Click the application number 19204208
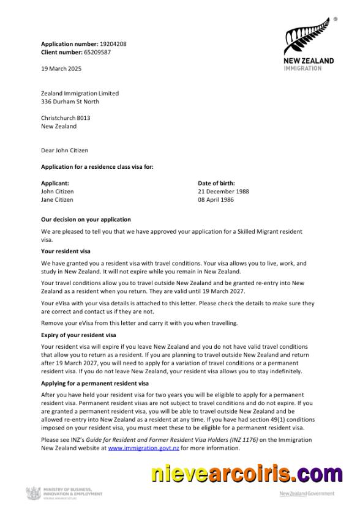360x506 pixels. [x=113, y=44]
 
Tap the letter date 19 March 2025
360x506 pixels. [x=61, y=69]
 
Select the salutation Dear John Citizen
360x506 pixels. [x=64, y=150]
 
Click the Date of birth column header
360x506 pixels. [x=216, y=183]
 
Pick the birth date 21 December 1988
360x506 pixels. [x=223, y=191]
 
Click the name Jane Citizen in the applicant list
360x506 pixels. [x=57, y=199]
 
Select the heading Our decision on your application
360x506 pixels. [x=86, y=219]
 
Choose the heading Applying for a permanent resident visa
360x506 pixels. [x=94, y=383]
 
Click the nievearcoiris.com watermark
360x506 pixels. [x=247, y=474]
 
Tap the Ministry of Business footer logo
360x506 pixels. [x=64, y=492]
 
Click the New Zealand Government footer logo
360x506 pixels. [x=307, y=493]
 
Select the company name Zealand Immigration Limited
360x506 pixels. [x=80, y=93]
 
